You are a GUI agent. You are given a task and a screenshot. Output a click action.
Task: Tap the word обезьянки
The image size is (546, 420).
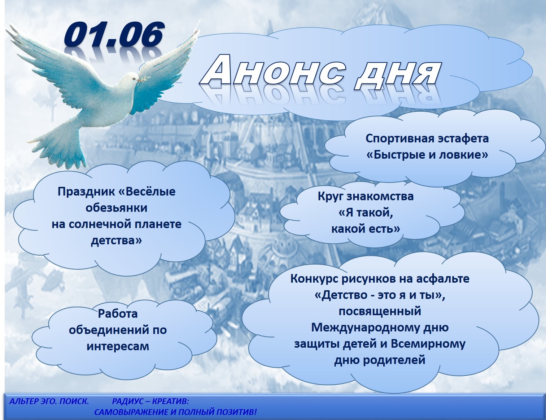116,208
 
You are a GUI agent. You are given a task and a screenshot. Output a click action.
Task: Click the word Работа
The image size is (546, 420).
118,314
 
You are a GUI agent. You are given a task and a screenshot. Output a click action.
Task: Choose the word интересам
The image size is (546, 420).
118,347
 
